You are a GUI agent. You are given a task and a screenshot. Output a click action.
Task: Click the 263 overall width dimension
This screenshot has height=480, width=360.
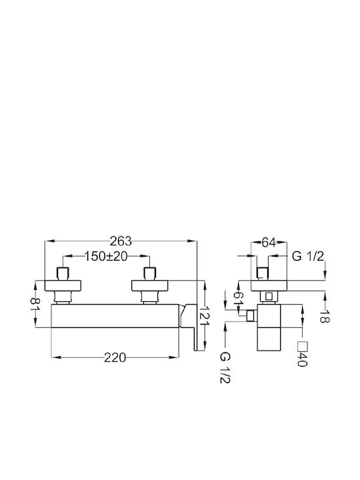point(121,241)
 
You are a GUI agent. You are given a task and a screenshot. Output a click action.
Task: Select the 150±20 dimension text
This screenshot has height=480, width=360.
point(105,256)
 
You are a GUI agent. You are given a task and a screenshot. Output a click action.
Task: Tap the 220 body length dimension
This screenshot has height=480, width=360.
point(115,357)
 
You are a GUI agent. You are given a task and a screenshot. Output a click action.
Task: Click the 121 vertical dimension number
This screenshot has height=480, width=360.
point(205,315)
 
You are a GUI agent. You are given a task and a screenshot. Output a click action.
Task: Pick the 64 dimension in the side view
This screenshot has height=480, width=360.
point(269,243)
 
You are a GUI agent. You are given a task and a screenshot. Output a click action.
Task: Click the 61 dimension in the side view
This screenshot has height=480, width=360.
point(239,297)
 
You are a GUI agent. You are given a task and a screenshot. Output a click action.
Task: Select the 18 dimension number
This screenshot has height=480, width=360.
point(325,316)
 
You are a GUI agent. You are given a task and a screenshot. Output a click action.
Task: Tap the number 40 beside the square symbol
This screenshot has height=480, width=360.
point(302,359)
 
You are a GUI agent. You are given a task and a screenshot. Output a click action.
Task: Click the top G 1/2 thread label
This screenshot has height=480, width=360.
point(307,256)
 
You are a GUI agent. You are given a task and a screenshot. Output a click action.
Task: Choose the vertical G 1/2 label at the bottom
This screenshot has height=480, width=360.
point(225,367)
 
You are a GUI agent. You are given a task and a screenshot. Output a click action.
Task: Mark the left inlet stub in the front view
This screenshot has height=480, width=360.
point(63,274)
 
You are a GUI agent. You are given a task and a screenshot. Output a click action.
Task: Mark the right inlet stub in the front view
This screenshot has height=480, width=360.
point(150,274)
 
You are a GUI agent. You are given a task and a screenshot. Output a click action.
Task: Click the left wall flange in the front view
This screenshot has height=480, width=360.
point(63,285)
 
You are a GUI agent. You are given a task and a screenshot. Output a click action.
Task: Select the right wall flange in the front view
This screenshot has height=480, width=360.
point(150,285)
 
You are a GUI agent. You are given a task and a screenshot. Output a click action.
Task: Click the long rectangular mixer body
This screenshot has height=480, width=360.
point(115,316)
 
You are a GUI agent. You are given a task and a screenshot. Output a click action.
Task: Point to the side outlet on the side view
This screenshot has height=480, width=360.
point(251,316)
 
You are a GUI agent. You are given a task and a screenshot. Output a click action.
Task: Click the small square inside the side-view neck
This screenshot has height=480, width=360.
point(269,296)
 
